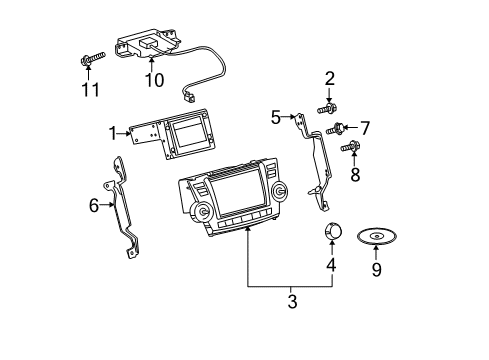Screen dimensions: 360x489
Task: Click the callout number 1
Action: click(114, 130)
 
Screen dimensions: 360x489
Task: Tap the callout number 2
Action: click(329, 78)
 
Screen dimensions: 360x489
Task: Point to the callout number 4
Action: click(331, 266)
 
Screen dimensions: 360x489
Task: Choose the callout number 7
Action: click(366, 127)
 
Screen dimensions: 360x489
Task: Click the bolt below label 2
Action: click(327, 108)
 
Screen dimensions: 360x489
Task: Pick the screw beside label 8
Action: click(349, 148)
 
